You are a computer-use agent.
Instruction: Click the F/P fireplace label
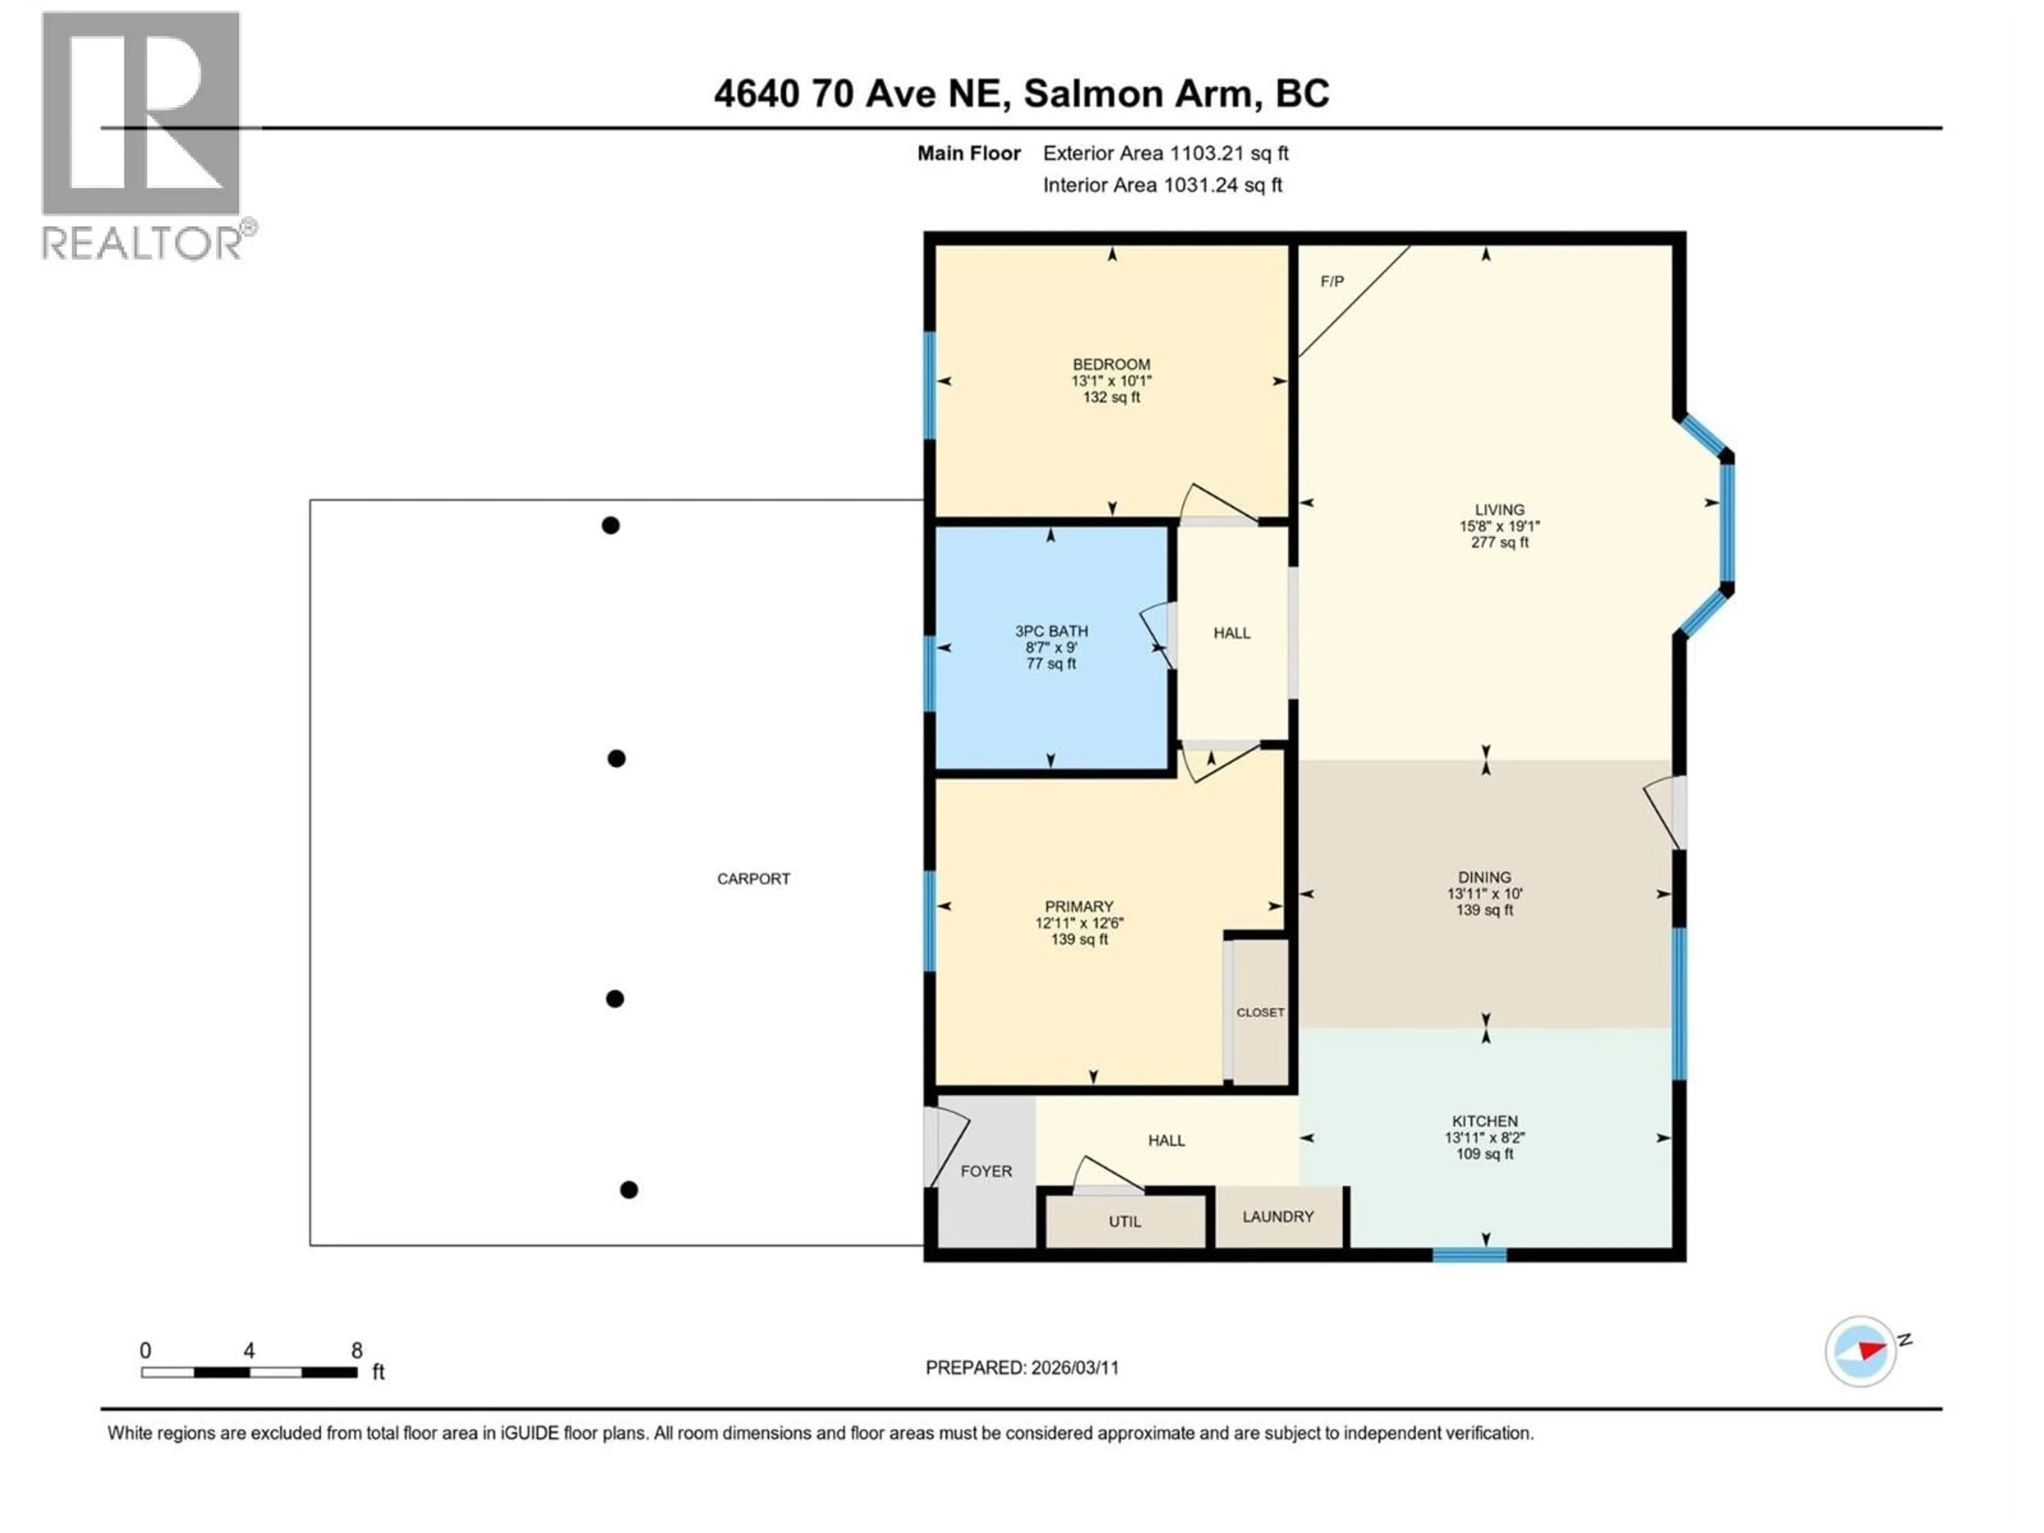pos(1332,282)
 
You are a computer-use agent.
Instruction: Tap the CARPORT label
pos(753,879)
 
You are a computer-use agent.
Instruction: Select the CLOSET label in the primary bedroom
pos(1259,1013)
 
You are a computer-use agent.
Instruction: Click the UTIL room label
pos(1125,1222)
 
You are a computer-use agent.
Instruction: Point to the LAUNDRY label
pos(1277,1217)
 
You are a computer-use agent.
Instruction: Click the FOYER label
pos(986,1172)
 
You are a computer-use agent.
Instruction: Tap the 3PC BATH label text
pos(1052,631)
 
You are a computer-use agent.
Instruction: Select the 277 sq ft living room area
pos(1499,542)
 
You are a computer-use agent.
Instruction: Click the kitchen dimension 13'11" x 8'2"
pos(1484,1138)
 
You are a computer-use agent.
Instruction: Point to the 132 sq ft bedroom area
pos(1111,397)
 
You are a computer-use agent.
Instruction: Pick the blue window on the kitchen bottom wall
pos(1469,1255)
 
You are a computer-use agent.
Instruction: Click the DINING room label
pos(1484,877)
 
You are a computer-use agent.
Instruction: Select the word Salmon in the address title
pos(1091,93)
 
